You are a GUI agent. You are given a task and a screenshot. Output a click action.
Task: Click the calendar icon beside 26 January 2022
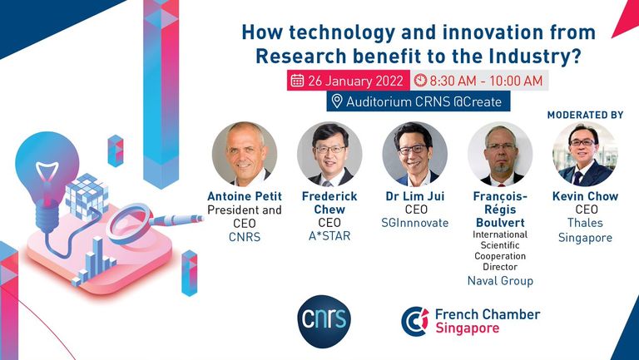[297, 81]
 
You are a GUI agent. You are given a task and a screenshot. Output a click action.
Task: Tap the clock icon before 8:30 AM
[420, 81]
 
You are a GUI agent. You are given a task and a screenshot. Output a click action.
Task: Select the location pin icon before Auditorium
[337, 101]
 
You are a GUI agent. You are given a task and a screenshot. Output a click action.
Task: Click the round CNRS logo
[324, 321]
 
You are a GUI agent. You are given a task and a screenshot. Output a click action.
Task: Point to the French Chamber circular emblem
[415, 321]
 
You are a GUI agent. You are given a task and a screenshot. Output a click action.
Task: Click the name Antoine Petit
[245, 196]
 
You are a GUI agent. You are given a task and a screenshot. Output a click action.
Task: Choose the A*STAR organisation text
[329, 236]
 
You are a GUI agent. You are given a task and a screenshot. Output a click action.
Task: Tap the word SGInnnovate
[415, 223]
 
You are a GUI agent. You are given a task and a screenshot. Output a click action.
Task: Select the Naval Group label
[500, 281]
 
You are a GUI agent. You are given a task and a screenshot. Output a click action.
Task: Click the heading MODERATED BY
[585, 116]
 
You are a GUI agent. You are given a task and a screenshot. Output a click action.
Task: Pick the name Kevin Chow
[585, 196]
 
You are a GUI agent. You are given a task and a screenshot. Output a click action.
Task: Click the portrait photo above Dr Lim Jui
[415, 154]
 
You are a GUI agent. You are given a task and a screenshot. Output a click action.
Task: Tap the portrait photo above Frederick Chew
[329, 154]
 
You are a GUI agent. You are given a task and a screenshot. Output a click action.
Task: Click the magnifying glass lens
[128, 223]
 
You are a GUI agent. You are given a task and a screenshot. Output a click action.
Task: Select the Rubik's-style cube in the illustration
[87, 197]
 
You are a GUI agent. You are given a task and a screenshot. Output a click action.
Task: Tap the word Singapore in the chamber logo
[468, 328]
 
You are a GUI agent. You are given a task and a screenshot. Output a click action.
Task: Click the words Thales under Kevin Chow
[585, 223]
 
